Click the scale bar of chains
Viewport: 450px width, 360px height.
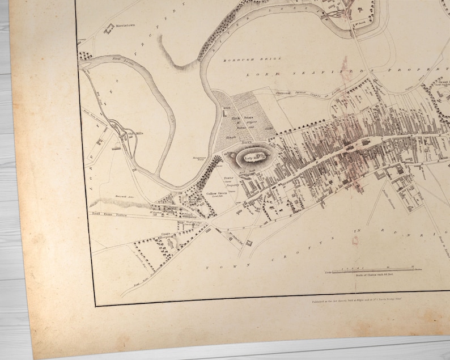pyautogui.click(x=375, y=270)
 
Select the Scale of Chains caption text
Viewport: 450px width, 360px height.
pyautogui.click(x=372, y=276)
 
